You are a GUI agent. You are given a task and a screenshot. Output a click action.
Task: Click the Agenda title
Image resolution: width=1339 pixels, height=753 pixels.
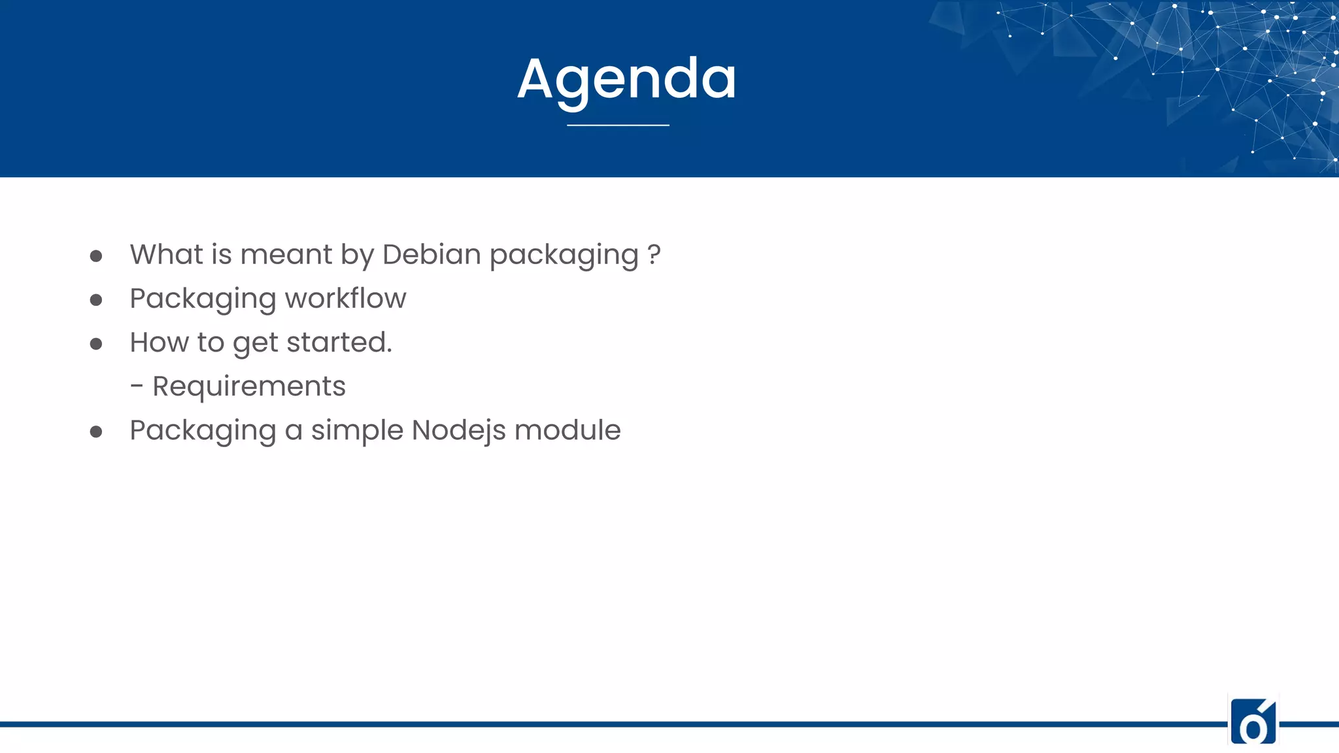(626, 80)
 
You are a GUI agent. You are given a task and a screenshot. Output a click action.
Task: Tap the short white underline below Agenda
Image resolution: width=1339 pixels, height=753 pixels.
(618, 125)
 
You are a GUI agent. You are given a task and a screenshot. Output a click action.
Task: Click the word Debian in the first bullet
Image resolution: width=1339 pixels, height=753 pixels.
(432, 254)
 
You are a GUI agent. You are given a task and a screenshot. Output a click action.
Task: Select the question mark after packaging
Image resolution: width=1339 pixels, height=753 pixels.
(654, 254)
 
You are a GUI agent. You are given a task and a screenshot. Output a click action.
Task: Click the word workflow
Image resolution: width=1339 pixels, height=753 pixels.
(345, 299)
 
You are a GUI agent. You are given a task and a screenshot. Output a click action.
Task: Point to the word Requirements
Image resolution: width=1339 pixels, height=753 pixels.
(248, 386)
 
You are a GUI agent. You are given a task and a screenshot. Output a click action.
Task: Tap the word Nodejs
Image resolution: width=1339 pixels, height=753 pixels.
(458, 430)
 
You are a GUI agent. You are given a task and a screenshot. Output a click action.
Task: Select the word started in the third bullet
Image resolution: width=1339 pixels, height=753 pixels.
(339, 343)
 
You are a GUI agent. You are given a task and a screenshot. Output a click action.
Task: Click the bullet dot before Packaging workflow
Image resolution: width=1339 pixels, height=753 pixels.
(96, 300)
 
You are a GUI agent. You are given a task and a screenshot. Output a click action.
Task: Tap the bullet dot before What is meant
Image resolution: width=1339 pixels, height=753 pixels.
(96, 256)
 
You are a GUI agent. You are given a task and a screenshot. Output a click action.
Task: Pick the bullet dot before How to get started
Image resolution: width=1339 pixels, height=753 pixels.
(96, 344)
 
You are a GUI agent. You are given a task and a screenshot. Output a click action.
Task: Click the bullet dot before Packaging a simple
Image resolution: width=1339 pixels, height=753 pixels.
(96, 431)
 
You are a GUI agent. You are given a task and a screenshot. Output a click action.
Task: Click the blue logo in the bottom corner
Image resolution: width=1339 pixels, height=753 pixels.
(1253, 721)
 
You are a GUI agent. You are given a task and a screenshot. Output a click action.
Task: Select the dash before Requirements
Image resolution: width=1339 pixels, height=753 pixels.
(137, 387)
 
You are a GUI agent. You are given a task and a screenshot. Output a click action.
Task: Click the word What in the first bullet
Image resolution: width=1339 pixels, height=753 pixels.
(166, 254)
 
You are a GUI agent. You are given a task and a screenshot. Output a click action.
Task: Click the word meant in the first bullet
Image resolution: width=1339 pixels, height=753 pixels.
(286, 254)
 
